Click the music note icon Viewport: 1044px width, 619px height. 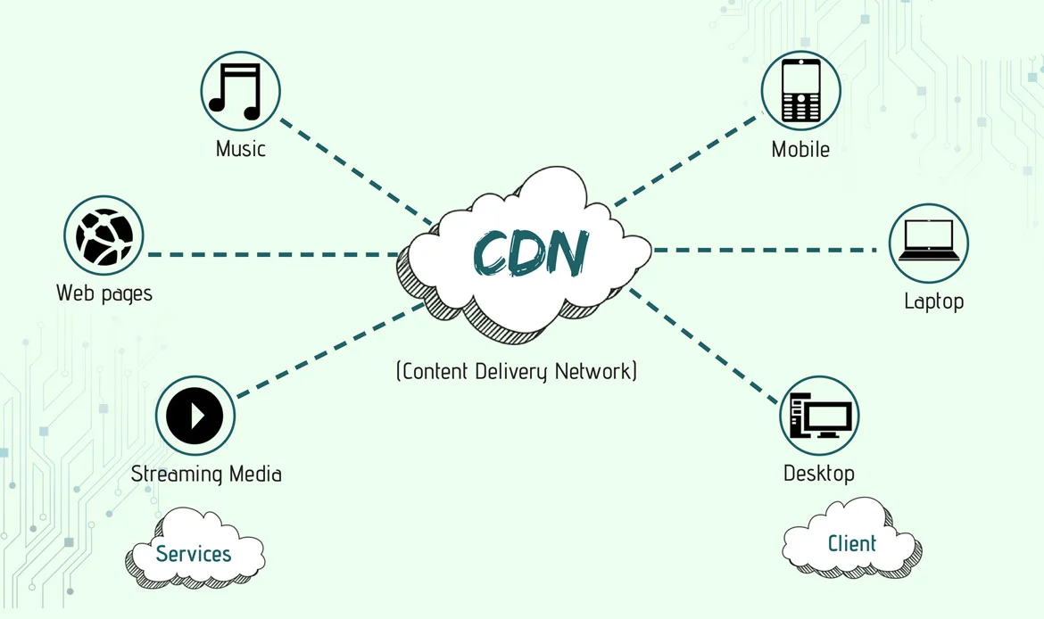click(239, 91)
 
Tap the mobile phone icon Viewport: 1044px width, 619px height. click(800, 90)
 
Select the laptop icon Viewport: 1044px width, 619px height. click(929, 243)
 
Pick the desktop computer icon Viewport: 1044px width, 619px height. click(819, 416)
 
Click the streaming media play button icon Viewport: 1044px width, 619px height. click(195, 416)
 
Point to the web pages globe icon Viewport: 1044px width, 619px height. click(104, 236)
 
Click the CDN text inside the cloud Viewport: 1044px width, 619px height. click(530, 253)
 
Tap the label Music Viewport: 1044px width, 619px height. click(241, 148)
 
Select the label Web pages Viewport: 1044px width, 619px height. click(104, 293)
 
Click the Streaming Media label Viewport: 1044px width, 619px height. click(206, 474)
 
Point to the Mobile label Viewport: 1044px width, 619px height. click(800, 149)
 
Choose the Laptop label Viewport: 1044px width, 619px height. click(933, 301)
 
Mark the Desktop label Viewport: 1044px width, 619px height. click(819, 473)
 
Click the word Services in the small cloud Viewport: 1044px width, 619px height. click(194, 554)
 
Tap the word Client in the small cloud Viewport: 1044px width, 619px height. click(852, 543)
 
